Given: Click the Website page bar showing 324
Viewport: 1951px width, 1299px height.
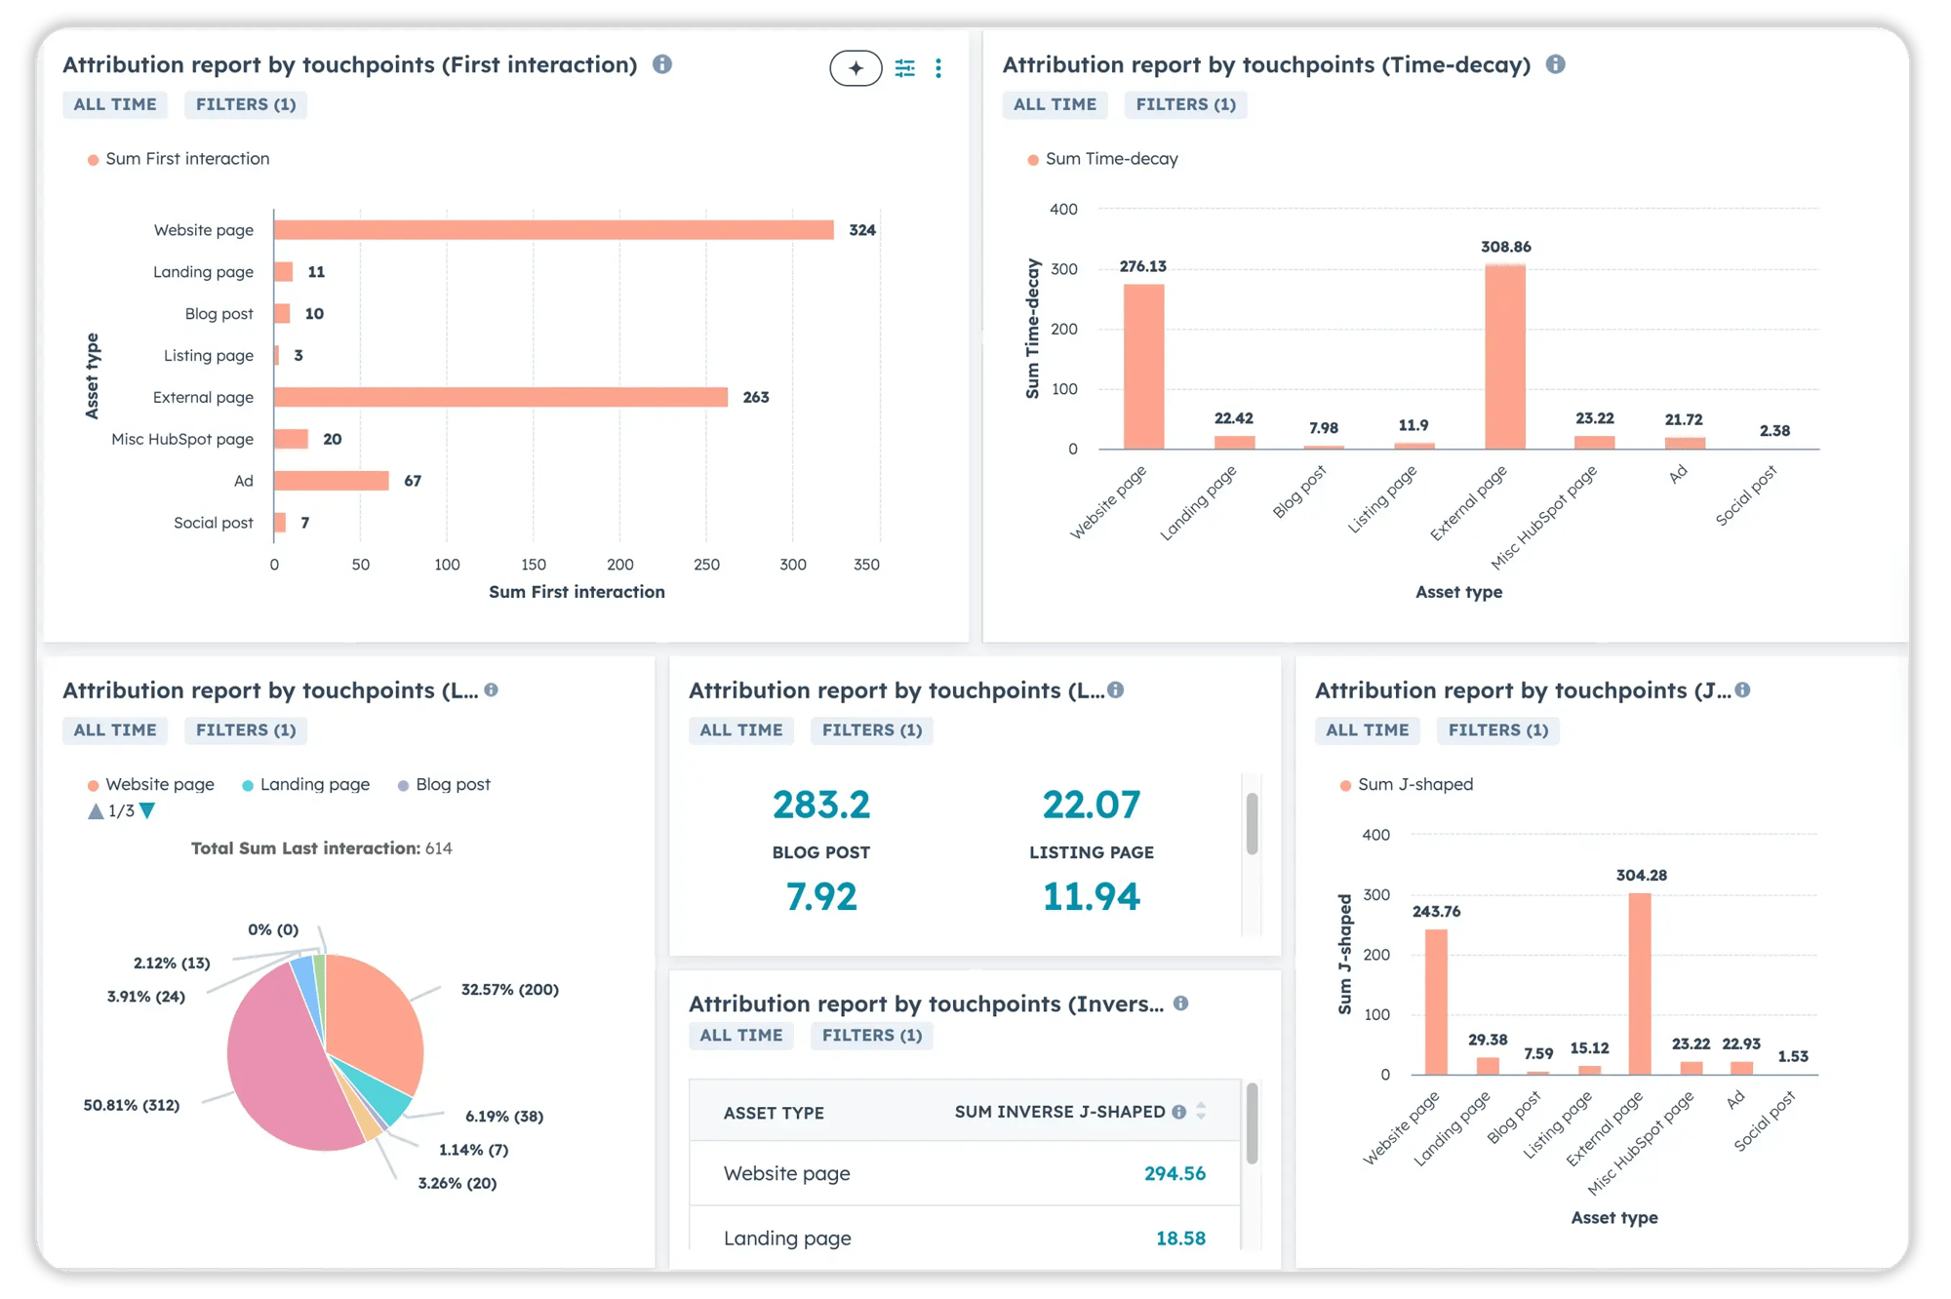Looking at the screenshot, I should [x=553, y=230].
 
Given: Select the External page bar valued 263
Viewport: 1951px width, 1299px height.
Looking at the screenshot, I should [x=500, y=397].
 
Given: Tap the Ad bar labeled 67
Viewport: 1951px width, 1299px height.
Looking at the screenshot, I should [x=331, y=481].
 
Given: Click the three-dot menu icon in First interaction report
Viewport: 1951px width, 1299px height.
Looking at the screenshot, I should [x=938, y=68].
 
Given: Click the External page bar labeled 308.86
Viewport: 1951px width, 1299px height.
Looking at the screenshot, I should [x=1505, y=356].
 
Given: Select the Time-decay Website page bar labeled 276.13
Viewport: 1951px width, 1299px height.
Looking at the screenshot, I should [x=1143, y=366].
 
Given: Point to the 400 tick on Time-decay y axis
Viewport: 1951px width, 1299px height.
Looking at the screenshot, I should [x=1063, y=209].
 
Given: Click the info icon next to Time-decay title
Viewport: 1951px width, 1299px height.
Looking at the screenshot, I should [x=1556, y=64].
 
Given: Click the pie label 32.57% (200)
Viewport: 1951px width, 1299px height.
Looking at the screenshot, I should [x=509, y=989].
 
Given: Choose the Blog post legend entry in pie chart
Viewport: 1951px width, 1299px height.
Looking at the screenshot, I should [x=452, y=784].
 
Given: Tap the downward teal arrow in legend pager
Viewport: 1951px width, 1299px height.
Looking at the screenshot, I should [x=147, y=810].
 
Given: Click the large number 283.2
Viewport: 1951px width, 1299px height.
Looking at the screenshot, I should [x=820, y=805].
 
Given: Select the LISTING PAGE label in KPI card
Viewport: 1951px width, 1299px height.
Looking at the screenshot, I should [x=1091, y=852].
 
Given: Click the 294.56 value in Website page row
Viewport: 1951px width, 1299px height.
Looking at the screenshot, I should [x=1175, y=1173].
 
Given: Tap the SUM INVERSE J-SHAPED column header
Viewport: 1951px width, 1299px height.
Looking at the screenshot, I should [x=1059, y=1112].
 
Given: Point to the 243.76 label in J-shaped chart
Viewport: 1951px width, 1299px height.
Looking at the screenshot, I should [x=1436, y=912].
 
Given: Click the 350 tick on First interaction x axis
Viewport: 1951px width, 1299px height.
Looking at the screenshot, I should [x=866, y=565].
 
